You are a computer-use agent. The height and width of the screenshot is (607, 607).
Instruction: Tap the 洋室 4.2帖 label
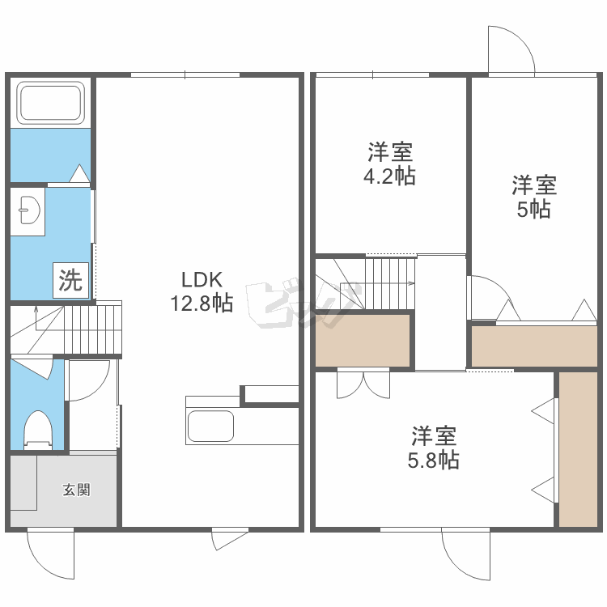point(389,163)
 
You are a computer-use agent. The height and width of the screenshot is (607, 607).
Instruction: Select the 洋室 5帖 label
point(534,197)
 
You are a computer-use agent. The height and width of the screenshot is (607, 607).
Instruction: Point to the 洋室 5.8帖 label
point(434,448)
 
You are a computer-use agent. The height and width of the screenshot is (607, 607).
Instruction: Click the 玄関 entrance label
point(77,490)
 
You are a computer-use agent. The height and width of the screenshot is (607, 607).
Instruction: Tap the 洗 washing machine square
point(70,281)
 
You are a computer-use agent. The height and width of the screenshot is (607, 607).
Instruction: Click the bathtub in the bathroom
point(51,103)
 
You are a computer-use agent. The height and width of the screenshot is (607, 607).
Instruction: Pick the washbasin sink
point(28,212)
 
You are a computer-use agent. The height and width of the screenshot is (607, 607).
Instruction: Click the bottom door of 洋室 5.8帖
point(467,554)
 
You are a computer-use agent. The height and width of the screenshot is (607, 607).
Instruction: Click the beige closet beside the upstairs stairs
point(362,340)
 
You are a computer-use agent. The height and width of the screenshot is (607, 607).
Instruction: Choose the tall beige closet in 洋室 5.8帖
point(578,449)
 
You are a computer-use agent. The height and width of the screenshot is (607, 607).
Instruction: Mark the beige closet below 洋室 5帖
point(533,346)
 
